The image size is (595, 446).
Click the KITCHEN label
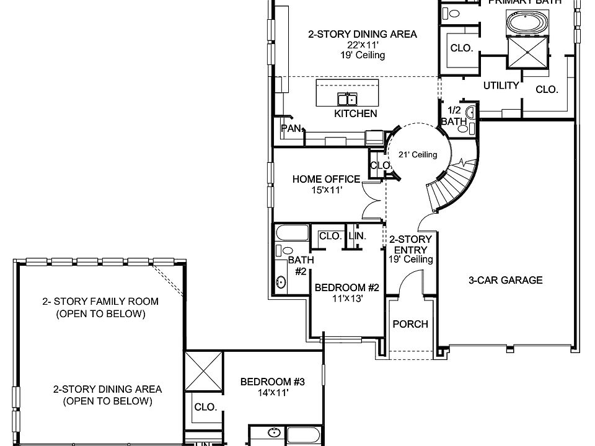pos(355,113)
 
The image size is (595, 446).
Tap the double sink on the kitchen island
pos(347,98)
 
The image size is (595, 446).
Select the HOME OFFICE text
pos(326,179)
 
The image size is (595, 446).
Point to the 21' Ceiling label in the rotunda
pos(418,155)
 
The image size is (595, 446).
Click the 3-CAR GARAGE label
pos(505,280)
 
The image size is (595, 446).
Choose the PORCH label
pos(410,324)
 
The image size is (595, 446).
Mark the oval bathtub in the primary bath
pos(527,24)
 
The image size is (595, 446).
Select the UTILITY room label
pos(501,85)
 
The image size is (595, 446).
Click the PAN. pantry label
pos(292,129)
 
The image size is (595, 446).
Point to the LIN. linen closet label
pos(357,236)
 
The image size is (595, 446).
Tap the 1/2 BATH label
pos(454,116)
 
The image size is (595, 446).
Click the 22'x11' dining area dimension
pos(362,45)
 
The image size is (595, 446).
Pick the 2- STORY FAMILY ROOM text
pos(100,302)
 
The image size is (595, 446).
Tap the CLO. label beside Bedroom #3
pos(205,407)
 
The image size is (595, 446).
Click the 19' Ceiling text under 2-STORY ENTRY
pos(410,259)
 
